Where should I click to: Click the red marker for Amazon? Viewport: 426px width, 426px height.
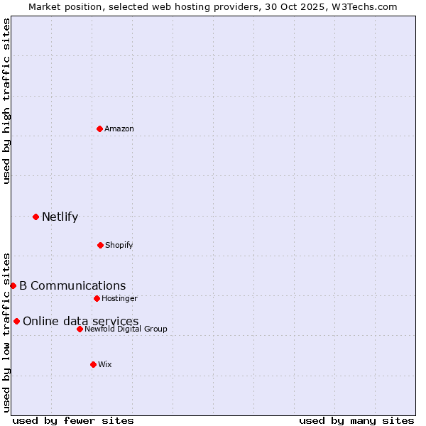(x=100, y=129)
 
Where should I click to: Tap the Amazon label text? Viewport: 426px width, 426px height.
(x=119, y=129)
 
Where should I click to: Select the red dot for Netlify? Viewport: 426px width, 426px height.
(x=35, y=217)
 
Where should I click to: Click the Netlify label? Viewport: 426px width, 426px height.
(x=60, y=217)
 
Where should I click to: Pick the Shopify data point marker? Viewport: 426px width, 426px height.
(x=100, y=245)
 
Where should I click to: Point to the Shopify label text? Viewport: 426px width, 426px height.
(x=119, y=245)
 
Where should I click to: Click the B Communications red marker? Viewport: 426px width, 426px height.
(x=13, y=285)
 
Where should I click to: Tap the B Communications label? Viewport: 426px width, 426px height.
(x=72, y=286)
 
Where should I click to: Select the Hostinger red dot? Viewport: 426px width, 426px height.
(x=97, y=298)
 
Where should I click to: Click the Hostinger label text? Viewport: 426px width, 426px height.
(x=119, y=298)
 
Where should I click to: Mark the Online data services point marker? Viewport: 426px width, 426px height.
(x=16, y=321)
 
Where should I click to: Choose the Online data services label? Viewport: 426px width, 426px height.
(x=81, y=322)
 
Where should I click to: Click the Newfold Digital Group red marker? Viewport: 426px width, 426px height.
(x=80, y=329)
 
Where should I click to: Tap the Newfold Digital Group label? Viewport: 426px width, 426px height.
(x=126, y=329)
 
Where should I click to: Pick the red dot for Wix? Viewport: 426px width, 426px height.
(x=93, y=364)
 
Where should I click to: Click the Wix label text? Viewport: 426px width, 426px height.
(x=105, y=364)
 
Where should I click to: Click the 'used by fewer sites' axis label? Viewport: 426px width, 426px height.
(x=73, y=421)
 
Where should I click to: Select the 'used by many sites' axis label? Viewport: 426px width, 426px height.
(x=356, y=421)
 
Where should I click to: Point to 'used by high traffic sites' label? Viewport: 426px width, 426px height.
(x=7, y=102)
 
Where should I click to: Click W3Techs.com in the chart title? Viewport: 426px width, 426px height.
(x=362, y=6)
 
